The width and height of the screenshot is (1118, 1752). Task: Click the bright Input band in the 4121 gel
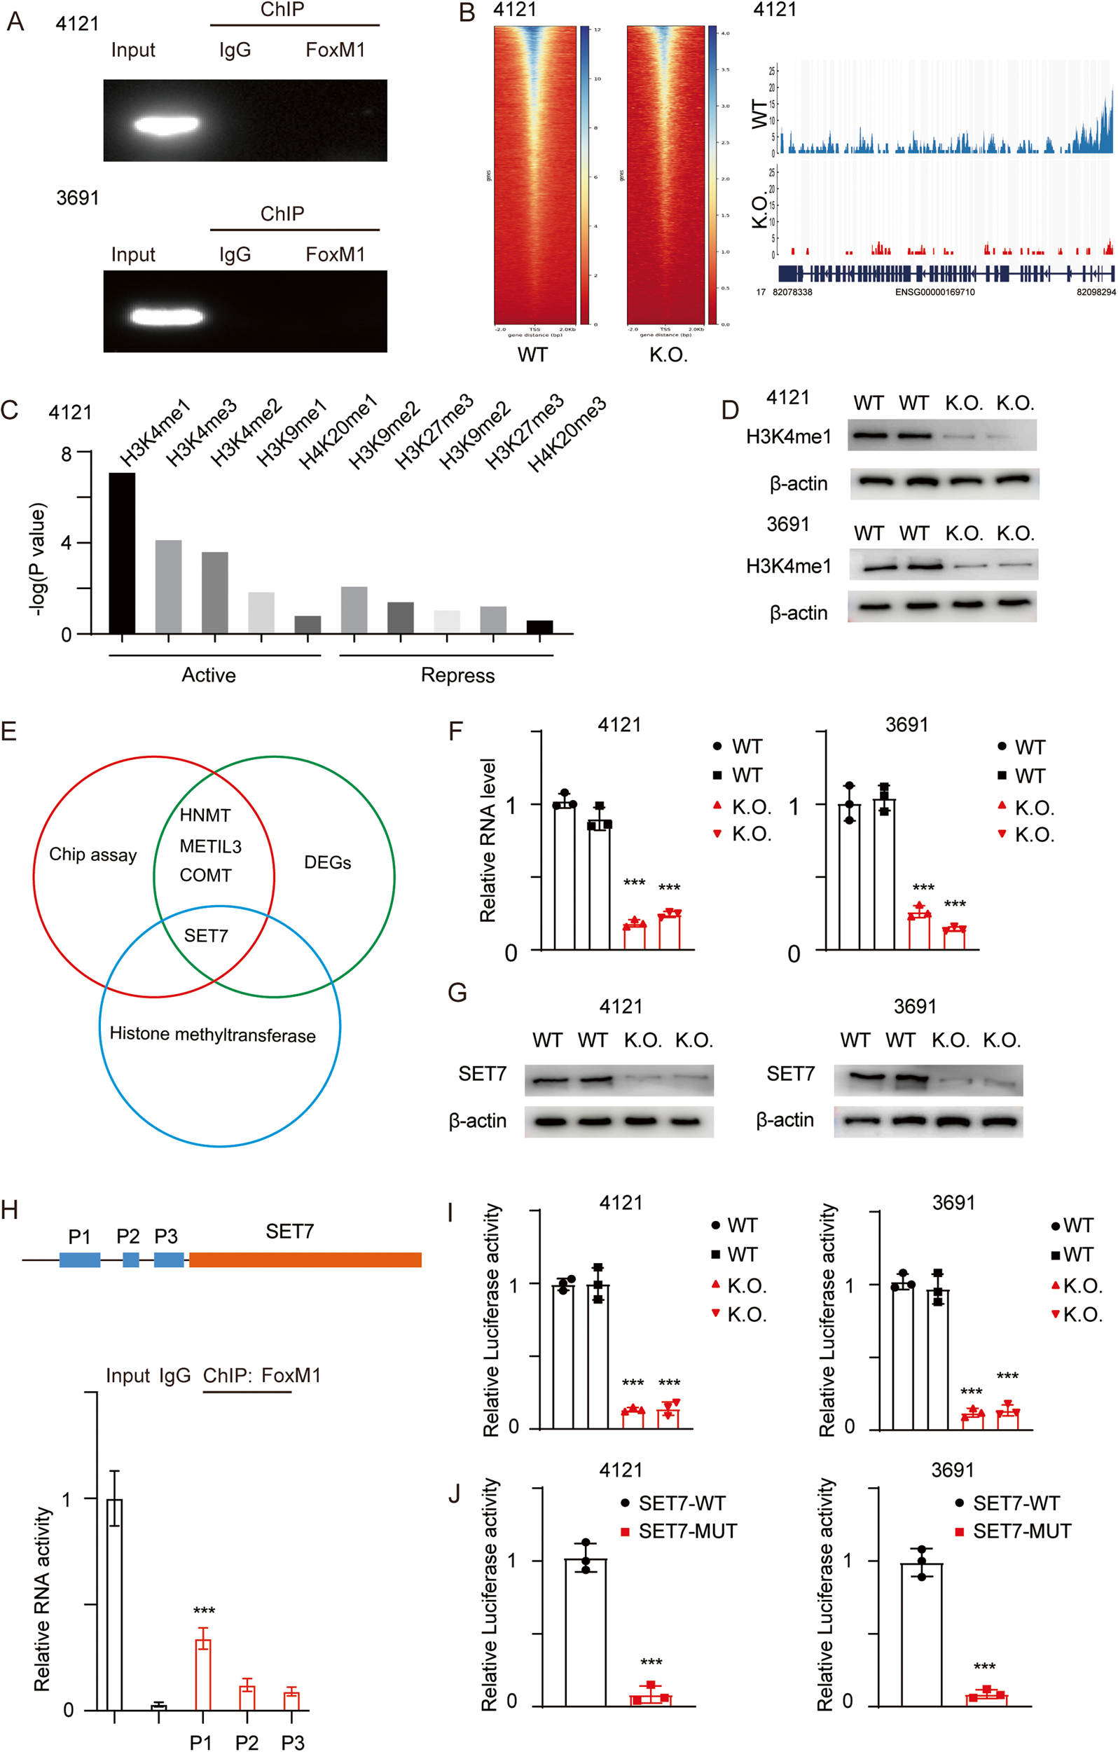pyautogui.click(x=166, y=125)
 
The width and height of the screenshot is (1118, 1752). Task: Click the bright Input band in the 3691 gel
pyautogui.click(x=166, y=317)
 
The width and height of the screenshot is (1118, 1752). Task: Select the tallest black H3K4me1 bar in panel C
pyautogui.click(x=121, y=553)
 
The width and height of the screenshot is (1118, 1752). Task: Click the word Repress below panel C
pyautogui.click(x=457, y=675)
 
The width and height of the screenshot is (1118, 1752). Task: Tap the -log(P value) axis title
pyautogui.click(x=38, y=559)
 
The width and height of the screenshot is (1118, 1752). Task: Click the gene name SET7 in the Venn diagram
pyautogui.click(x=206, y=936)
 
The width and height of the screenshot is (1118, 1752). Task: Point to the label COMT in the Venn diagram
pyautogui.click(x=205, y=875)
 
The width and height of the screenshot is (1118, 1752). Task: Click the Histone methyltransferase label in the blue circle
pyautogui.click(x=212, y=1035)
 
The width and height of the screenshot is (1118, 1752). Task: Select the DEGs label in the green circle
pyautogui.click(x=327, y=862)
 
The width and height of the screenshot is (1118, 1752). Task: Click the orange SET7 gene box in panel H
pyautogui.click(x=305, y=1260)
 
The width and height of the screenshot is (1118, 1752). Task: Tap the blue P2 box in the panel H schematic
pyautogui.click(x=131, y=1260)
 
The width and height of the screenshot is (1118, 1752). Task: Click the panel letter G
pyautogui.click(x=457, y=993)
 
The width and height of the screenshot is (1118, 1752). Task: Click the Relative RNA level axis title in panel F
pyautogui.click(x=488, y=841)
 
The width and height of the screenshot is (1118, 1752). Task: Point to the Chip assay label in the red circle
pyautogui.click(x=92, y=854)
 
